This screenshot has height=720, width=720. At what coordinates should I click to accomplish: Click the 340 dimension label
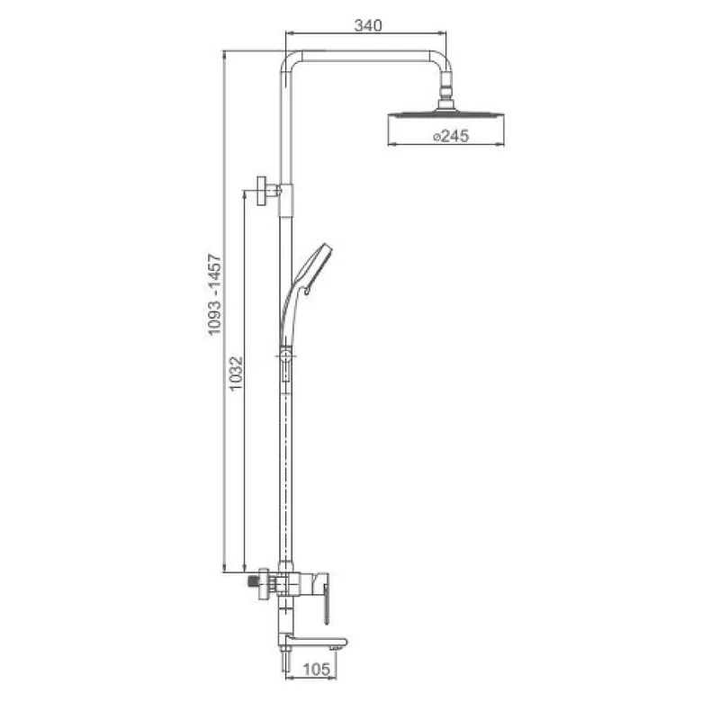point(368,25)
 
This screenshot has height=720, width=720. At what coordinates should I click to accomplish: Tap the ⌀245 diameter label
point(451,136)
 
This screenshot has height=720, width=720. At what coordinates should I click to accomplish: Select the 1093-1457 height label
point(214,295)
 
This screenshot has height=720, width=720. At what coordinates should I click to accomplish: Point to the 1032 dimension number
point(236,373)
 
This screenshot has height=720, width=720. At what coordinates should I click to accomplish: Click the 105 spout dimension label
point(317,669)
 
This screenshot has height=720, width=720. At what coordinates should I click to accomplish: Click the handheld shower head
point(305,294)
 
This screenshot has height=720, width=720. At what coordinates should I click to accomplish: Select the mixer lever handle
point(325,599)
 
